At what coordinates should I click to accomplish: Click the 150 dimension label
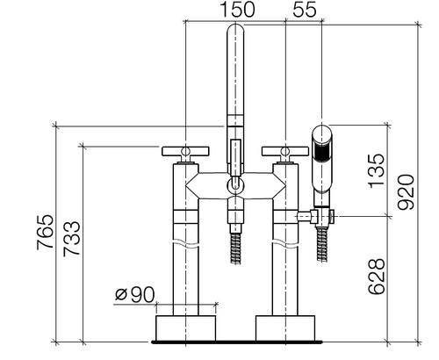[x=237, y=9]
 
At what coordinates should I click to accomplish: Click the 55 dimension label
[x=305, y=9]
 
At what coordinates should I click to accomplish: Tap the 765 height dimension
[x=46, y=232]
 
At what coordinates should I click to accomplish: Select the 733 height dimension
[x=72, y=239]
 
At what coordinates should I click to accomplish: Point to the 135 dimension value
[x=377, y=170]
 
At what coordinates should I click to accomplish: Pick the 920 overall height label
[x=407, y=192]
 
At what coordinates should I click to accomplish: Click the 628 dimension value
[x=377, y=277]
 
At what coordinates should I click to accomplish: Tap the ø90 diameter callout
[x=134, y=294]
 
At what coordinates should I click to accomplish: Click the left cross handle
[x=185, y=151]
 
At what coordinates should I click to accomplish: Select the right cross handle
[x=285, y=151]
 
